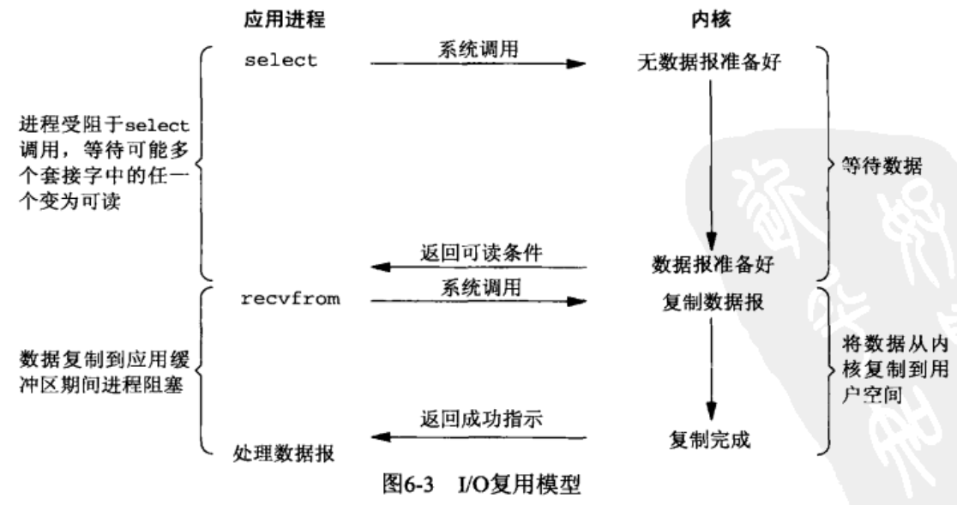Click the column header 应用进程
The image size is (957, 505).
pos(285,20)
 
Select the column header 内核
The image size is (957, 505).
pos(710,20)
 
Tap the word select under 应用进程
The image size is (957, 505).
pos(280,60)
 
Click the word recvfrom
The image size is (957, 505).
pos(290,299)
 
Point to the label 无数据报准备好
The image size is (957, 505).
pos(709,63)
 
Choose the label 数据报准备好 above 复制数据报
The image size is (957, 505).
pos(713,265)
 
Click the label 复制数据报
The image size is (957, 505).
pos(713,302)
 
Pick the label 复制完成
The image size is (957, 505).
pos(709,439)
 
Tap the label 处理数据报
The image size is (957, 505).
pos(283,454)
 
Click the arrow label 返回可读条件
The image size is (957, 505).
pos(481,252)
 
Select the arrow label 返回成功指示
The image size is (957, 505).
pos(481,419)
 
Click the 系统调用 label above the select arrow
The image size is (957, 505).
pos(478,50)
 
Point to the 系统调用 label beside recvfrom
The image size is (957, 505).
pos(481,287)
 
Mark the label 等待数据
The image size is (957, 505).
pos(882,165)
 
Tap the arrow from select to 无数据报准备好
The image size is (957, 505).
pos(478,63)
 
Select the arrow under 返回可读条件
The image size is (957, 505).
pos(478,268)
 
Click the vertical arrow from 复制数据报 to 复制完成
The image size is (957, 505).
pos(711,369)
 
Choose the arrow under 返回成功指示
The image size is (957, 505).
pos(478,437)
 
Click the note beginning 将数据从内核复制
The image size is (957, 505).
pos(894,370)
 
